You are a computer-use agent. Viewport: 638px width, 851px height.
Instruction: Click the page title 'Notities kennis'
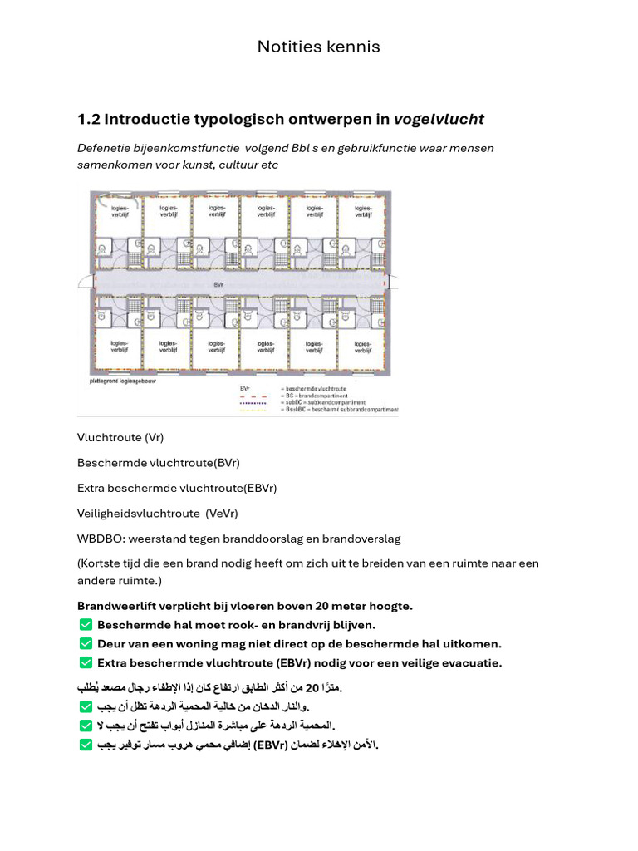318,47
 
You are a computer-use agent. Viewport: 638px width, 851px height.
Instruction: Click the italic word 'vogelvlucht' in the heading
439,120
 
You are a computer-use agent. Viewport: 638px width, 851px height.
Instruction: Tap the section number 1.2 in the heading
88,120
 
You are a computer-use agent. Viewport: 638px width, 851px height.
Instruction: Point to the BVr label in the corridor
219,283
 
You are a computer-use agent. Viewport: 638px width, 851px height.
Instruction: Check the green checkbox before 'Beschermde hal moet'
86,625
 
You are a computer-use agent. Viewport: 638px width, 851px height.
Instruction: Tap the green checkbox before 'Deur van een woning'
86,643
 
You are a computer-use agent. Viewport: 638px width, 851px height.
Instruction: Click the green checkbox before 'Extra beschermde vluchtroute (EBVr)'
86,662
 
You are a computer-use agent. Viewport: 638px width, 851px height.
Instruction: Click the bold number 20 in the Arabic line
312,688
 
